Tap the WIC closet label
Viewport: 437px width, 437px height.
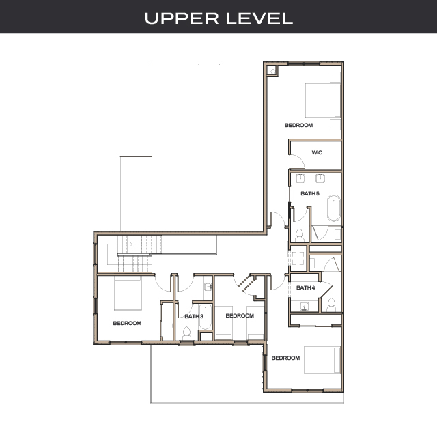click(317, 152)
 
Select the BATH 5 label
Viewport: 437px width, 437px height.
click(309, 193)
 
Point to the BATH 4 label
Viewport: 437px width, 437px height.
click(305, 287)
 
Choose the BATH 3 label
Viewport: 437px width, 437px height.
click(194, 316)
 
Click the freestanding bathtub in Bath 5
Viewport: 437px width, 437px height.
click(333, 209)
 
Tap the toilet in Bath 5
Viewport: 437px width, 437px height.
click(299, 236)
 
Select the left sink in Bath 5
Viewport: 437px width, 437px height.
click(300, 179)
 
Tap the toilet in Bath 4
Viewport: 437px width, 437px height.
click(330, 304)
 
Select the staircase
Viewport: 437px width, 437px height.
click(141, 253)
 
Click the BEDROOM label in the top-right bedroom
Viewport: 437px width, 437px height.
click(298, 125)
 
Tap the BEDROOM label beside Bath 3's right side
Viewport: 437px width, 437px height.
click(240, 315)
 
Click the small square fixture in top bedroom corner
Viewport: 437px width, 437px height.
click(272, 70)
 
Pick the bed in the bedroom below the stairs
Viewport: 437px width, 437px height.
click(127, 294)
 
